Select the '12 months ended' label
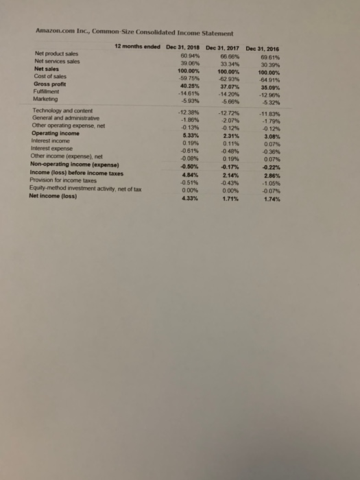136,46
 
